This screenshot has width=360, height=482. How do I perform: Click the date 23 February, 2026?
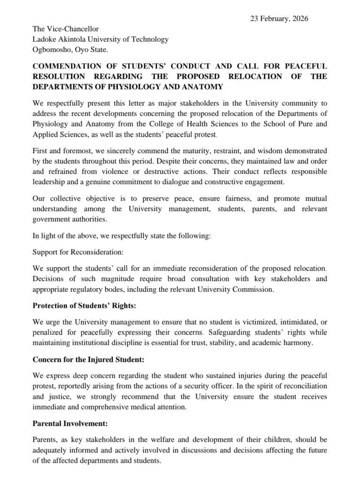(x=279, y=19)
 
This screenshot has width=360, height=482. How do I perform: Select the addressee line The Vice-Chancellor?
(x=66, y=29)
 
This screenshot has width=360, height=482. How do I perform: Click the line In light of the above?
(x=122, y=236)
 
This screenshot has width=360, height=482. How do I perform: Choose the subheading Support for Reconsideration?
(x=78, y=252)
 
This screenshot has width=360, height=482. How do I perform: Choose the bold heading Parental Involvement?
(x=70, y=423)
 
